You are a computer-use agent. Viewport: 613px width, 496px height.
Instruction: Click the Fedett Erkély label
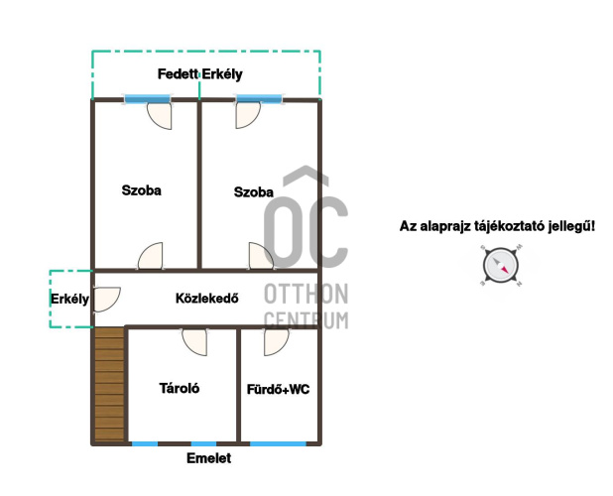pyautogui.click(x=199, y=73)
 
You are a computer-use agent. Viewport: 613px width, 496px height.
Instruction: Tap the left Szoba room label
pyautogui.click(x=142, y=190)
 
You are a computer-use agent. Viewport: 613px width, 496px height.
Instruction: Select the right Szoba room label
pyautogui.click(x=253, y=191)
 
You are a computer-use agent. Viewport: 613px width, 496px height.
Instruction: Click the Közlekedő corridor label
pyautogui.click(x=206, y=299)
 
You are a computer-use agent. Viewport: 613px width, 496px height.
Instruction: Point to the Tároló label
pyautogui.click(x=180, y=388)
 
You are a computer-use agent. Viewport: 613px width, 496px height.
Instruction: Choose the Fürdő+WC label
pyautogui.click(x=279, y=389)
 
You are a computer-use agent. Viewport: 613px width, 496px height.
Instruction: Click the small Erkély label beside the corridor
pyautogui.click(x=69, y=299)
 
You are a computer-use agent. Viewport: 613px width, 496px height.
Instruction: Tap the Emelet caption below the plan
pyautogui.click(x=208, y=458)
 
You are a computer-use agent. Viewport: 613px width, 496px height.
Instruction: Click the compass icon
pyautogui.click(x=501, y=266)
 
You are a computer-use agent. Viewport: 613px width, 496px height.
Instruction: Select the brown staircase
pyautogui.click(x=109, y=385)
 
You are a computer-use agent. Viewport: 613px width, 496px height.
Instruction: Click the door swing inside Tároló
pyautogui.click(x=194, y=342)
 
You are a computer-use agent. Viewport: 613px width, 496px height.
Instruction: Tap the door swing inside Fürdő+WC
pyautogui.click(x=277, y=342)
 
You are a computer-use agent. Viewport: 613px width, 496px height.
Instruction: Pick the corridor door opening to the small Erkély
pyautogui.click(x=107, y=300)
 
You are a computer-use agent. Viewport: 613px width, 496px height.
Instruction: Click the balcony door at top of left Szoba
pyautogui.click(x=159, y=116)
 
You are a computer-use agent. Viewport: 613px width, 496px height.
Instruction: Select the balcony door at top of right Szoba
pyautogui.click(x=248, y=115)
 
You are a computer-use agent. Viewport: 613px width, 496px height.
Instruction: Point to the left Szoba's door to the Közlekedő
pyautogui.click(x=150, y=256)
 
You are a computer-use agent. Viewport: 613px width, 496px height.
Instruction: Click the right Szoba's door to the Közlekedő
pyautogui.click(x=261, y=256)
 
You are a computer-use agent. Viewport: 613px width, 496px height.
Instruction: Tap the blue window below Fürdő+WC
pyautogui.click(x=278, y=444)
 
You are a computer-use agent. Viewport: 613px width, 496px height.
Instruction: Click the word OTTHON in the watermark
pyautogui.click(x=306, y=294)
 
